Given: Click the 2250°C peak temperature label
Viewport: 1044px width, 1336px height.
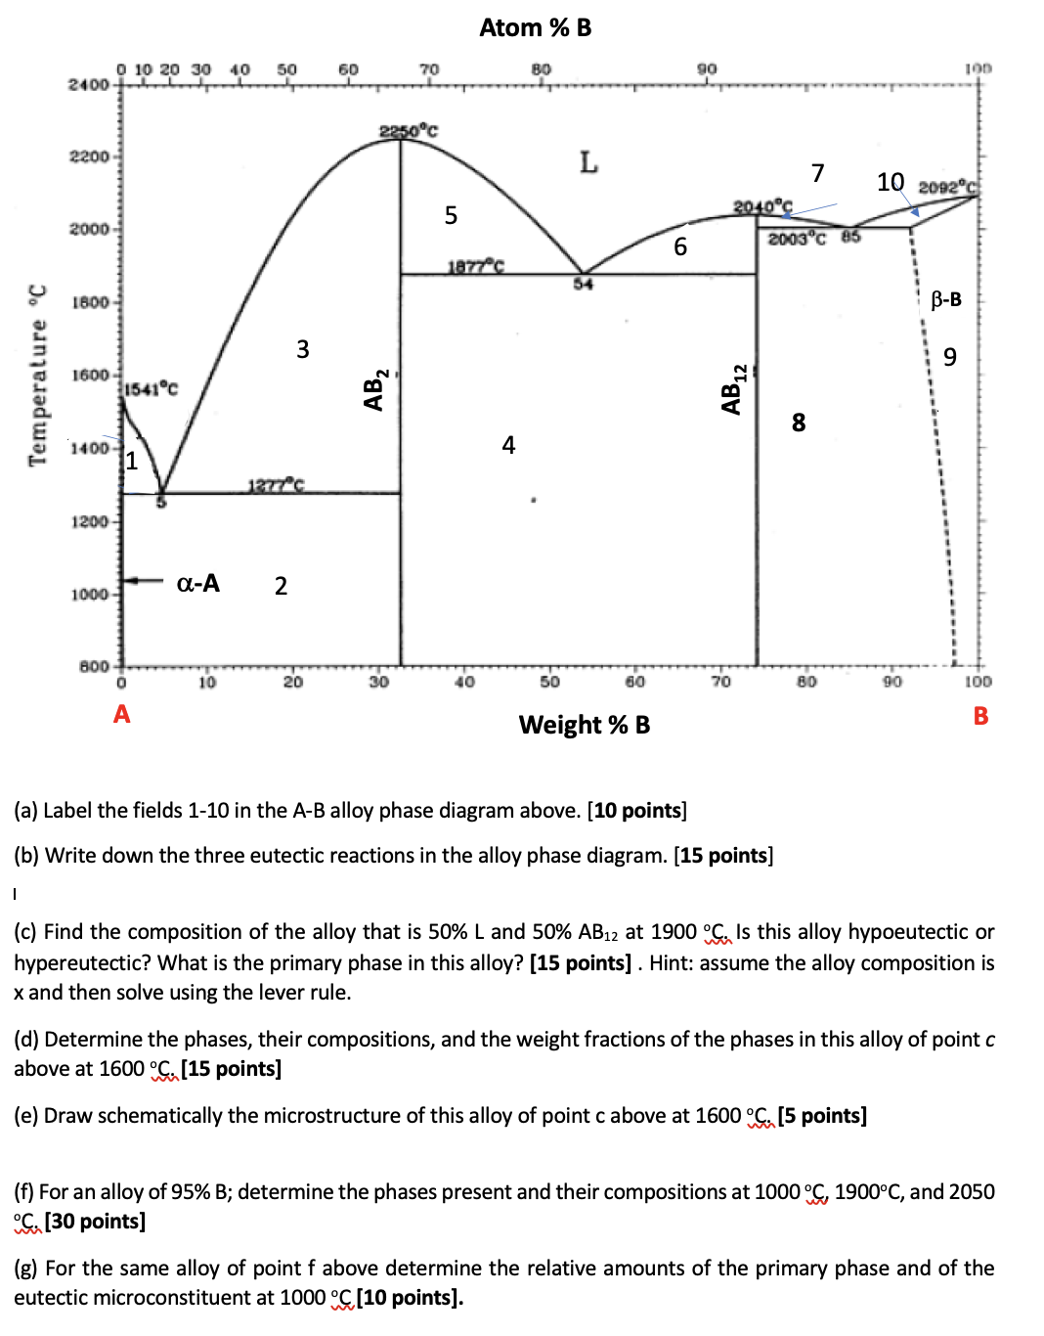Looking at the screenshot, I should (x=408, y=130).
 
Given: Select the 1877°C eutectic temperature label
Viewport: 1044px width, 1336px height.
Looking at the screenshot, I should (x=476, y=266).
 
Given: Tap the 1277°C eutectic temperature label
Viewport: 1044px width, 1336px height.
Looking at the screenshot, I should (x=276, y=485).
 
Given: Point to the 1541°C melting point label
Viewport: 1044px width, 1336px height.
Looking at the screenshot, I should (x=152, y=389).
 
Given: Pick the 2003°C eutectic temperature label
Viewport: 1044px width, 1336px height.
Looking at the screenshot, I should (x=797, y=239).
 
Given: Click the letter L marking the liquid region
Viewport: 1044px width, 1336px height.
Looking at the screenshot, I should (x=587, y=162).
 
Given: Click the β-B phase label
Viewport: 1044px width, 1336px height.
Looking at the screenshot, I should (x=945, y=299).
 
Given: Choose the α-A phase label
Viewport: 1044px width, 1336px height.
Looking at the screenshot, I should (x=197, y=584).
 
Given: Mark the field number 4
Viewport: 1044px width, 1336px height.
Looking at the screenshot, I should (x=508, y=446).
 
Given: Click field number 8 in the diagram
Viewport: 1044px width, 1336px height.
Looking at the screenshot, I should (x=799, y=423).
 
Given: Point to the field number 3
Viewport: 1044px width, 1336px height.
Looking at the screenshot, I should (x=303, y=349).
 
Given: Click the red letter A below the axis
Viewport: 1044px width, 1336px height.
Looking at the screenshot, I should (x=121, y=714).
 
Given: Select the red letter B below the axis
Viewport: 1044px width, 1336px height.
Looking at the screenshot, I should (x=980, y=716).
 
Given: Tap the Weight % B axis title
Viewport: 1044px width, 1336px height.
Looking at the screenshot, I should (x=584, y=725).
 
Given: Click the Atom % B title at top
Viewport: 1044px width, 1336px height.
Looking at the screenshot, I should (x=535, y=28).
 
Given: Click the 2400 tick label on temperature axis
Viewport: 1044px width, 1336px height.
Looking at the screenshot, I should (x=88, y=85).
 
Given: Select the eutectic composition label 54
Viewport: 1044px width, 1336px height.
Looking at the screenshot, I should (x=583, y=285).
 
